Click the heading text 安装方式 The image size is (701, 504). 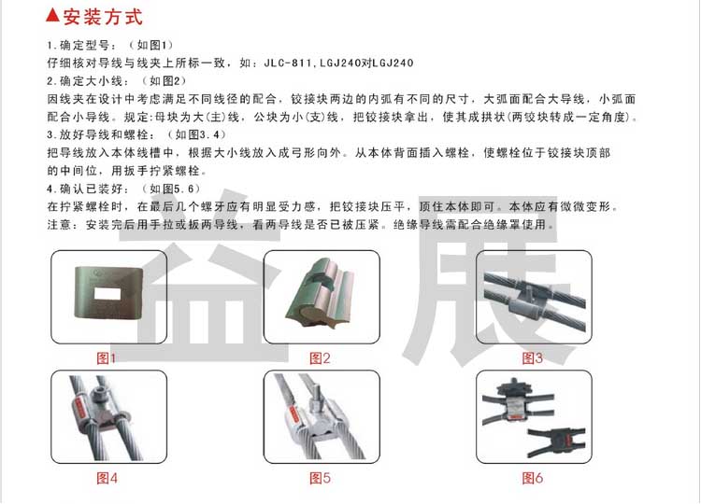click(x=103, y=17)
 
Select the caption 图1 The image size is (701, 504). click(x=106, y=358)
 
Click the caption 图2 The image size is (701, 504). click(x=320, y=358)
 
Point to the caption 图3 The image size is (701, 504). click(x=532, y=358)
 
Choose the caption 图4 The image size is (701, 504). click(x=107, y=478)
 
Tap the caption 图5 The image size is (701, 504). click(x=320, y=478)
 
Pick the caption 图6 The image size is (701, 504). click(x=532, y=478)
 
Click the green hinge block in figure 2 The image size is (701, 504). click(x=320, y=292)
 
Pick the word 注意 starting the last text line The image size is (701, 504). click(x=60, y=225)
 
